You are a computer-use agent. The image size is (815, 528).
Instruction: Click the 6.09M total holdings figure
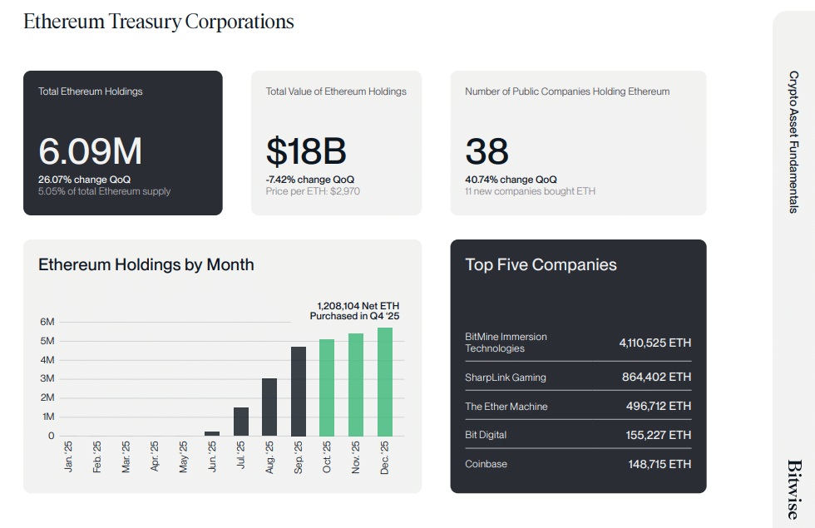(90, 151)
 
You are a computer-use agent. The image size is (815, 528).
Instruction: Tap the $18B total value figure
(306, 151)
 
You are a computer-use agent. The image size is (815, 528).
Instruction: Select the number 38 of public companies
(487, 151)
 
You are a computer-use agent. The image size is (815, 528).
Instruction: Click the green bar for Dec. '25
(385, 382)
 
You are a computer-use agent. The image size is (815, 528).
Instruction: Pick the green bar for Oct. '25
(327, 387)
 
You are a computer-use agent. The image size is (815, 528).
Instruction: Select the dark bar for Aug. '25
(269, 407)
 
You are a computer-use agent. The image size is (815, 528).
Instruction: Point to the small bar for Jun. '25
(212, 433)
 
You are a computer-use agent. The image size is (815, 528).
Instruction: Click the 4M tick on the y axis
(47, 360)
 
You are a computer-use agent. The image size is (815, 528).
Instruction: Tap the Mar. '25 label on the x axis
(126, 457)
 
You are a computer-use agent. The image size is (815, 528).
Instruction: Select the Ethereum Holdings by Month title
(146, 264)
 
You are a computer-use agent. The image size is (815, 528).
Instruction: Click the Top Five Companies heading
(541, 264)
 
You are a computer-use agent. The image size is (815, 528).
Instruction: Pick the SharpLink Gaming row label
(506, 377)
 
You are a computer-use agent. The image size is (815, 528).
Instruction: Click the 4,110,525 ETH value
(654, 343)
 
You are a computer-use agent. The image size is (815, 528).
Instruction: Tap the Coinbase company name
(486, 464)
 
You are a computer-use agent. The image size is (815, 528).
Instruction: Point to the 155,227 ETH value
(658, 435)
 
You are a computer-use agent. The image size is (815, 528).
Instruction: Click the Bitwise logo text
(794, 490)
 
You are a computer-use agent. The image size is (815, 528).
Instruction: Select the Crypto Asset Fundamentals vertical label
(794, 141)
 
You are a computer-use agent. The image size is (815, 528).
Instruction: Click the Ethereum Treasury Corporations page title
(159, 22)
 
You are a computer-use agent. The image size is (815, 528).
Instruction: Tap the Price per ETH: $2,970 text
(313, 191)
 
